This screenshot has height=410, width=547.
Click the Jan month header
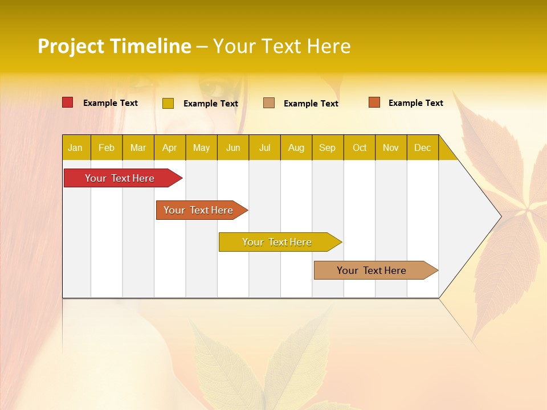(x=75, y=147)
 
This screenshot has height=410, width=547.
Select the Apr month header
(x=170, y=147)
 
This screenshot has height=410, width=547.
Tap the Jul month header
(x=265, y=147)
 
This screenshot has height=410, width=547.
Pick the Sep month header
(x=328, y=147)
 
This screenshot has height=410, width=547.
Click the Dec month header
(x=423, y=147)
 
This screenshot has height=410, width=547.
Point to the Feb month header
(x=107, y=147)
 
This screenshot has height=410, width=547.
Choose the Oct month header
(x=360, y=147)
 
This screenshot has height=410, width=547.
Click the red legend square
(x=68, y=102)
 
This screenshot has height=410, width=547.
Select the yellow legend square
(x=168, y=103)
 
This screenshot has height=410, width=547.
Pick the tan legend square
(x=269, y=103)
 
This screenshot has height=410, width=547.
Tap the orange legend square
(x=374, y=102)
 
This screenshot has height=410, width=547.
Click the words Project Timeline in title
(x=115, y=46)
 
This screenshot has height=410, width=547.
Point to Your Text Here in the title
(x=282, y=46)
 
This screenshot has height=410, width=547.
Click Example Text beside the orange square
(x=415, y=103)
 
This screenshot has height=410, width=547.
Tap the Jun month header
(x=233, y=147)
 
